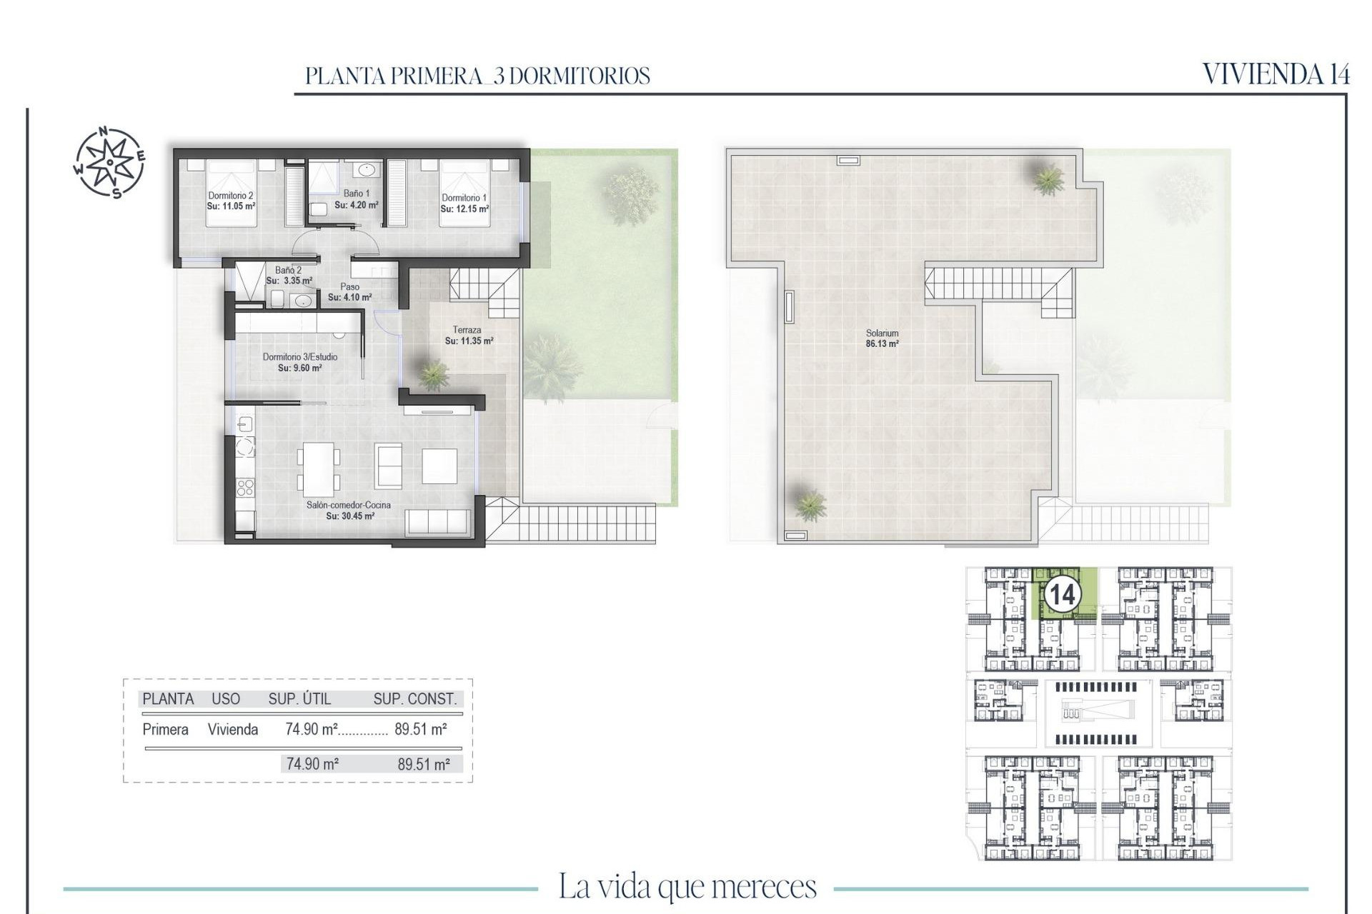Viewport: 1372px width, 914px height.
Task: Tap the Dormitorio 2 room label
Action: pyautogui.click(x=231, y=196)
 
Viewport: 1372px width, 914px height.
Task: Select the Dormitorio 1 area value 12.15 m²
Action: pyautogui.click(x=464, y=209)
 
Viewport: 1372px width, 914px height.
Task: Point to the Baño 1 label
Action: pyautogui.click(x=357, y=194)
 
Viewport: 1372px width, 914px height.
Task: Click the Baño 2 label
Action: pyautogui.click(x=288, y=271)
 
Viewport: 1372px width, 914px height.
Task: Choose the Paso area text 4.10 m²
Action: pyautogui.click(x=349, y=298)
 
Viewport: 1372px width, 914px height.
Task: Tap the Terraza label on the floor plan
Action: pyautogui.click(x=467, y=331)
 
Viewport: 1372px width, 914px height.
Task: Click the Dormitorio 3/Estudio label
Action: pyautogui.click(x=299, y=357)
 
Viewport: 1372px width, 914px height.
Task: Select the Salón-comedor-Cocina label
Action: pyautogui.click(x=349, y=505)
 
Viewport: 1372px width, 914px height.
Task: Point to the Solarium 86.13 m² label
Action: pyautogui.click(x=882, y=338)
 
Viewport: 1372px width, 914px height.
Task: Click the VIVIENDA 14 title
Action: pyautogui.click(x=1276, y=74)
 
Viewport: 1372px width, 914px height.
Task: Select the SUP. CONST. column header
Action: pyautogui.click(x=414, y=699)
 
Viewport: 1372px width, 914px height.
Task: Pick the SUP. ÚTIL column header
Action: pyautogui.click(x=299, y=699)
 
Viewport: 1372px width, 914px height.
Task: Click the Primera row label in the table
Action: pyautogui.click(x=165, y=730)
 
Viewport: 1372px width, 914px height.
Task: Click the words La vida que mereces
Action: pyautogui.click(x=687, y=887)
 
